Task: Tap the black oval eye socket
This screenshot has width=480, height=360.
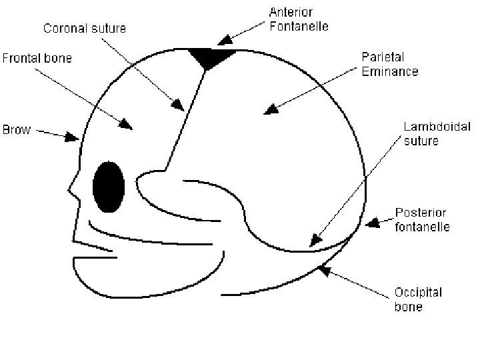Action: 108,187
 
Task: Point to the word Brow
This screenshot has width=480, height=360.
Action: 17,129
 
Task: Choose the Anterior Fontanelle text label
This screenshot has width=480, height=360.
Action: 299,19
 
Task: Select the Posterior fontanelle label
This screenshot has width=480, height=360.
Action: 422,219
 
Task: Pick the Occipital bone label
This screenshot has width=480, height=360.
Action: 418,299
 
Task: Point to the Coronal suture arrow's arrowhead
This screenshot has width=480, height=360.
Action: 178,105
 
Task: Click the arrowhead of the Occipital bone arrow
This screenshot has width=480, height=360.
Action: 323,269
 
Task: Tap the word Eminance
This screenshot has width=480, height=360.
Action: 390,71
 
